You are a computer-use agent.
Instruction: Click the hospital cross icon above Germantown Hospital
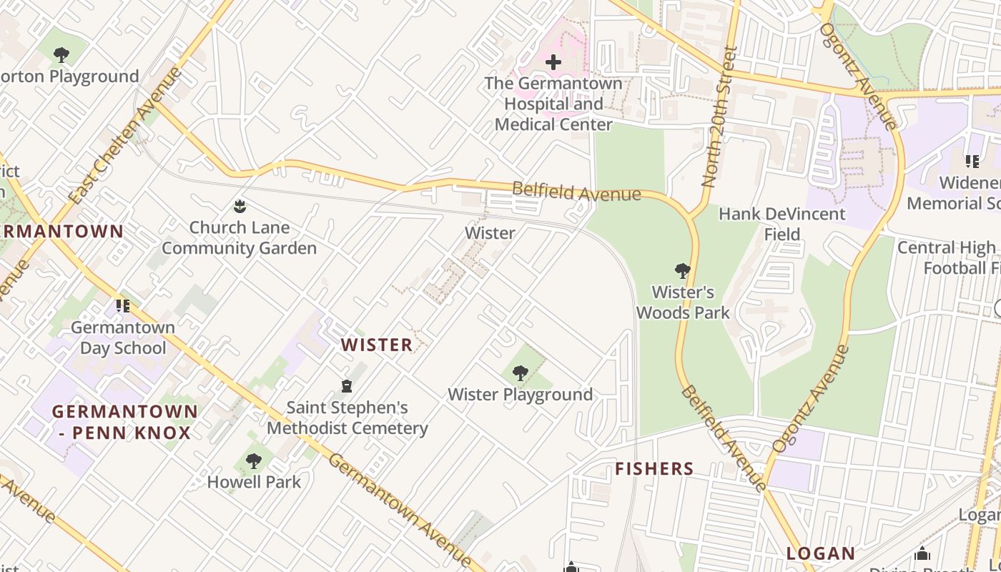pos(553,62)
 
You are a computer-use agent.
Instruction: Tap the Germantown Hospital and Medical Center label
pos(553,104)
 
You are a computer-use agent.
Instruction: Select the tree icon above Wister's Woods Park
pos(683,271)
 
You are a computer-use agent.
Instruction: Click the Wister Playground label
pos(520,394)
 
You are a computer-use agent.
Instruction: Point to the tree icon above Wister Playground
pos(521,373)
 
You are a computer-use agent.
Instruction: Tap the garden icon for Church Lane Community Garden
pos(240,207)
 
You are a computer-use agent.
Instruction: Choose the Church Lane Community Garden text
pos(239,238)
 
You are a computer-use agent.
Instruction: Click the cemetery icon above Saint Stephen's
pos(347,386)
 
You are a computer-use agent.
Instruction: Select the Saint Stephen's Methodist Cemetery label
pos(347,418)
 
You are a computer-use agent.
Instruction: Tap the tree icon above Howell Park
pos(254,460)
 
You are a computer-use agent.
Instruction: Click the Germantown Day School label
pos(123,337)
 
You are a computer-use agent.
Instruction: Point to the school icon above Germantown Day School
pos(123,306)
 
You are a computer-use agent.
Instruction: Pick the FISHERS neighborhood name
pos(654,469)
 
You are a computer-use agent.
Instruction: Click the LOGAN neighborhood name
pos(821,553)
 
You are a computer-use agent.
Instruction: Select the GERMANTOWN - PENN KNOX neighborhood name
pos(124,422)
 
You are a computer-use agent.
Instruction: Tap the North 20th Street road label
pos(719,117)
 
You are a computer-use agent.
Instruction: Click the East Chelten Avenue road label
pos(126,135)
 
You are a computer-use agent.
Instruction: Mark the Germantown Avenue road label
pos(400,511)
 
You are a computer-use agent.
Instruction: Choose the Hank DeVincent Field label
pos(781,224)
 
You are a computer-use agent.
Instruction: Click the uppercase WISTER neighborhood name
pos(377,345)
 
